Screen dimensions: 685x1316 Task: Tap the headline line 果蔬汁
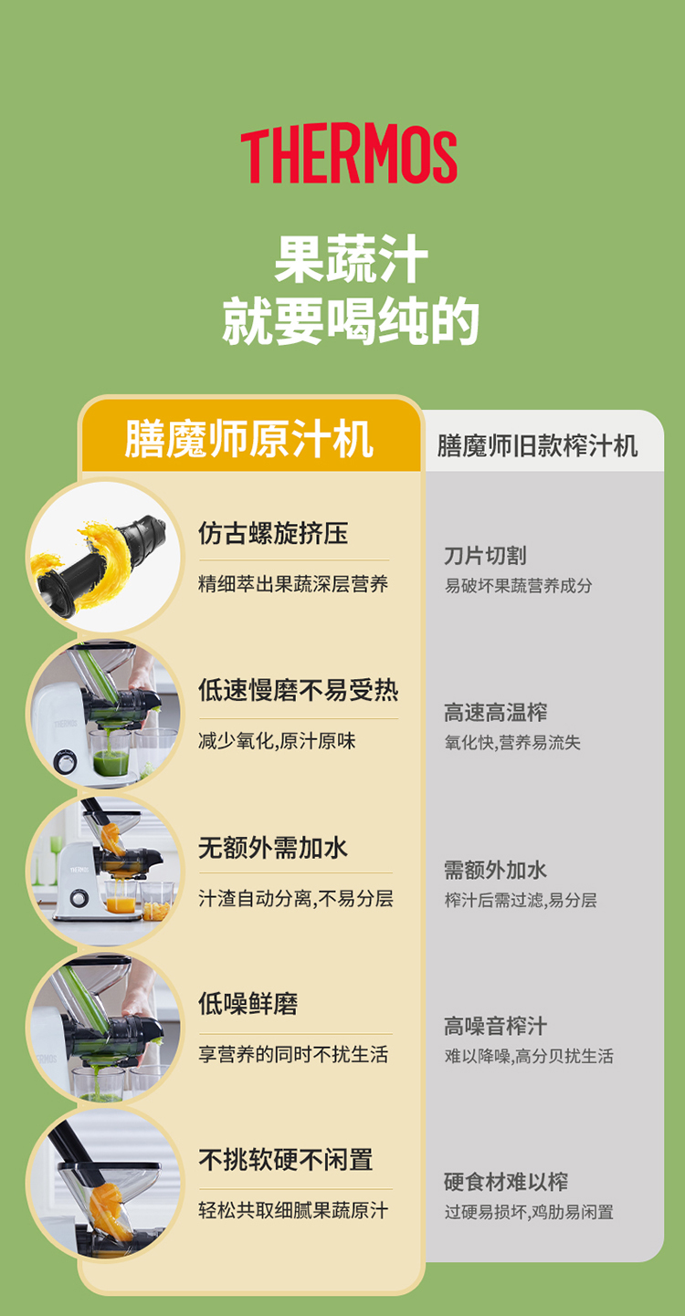[351, 259]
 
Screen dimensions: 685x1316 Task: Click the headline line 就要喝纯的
[351, 320]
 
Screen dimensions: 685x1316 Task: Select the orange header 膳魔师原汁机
[248, 439]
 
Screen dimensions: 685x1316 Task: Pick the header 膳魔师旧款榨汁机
[537, 446]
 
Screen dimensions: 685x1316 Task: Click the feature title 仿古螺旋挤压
[273, 533]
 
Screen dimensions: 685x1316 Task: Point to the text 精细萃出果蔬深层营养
[293, 584]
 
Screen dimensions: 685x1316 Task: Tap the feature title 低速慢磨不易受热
[298, 690]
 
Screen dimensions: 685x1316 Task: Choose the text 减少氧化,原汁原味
[277, 741]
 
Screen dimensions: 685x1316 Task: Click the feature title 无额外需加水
[273, 848]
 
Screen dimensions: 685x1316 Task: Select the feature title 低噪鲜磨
[248, 1004]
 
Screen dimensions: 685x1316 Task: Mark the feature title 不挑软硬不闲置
[286, 1160]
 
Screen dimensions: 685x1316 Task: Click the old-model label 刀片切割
[485, 555]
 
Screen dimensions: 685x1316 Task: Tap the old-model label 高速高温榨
[496, 713]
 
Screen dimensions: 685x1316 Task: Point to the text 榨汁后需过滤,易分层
[521, 900]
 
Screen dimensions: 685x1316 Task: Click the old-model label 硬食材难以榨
[506, 1182]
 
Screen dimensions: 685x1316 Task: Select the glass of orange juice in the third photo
[121, 898]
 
